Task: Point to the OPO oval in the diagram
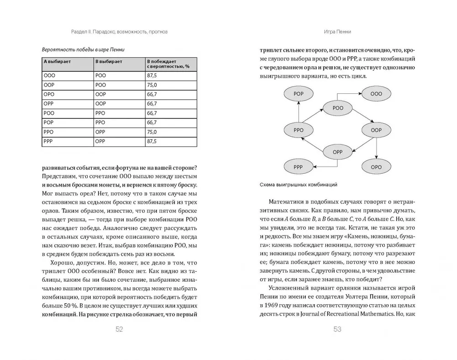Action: pyautogui.click(x=376, y=167)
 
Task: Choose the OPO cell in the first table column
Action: pyautogui.click(x=49, y=94)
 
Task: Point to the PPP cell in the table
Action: pyautogui.click(x=49, y=142)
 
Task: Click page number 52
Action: pyautogui.click(x=119, y=330)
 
